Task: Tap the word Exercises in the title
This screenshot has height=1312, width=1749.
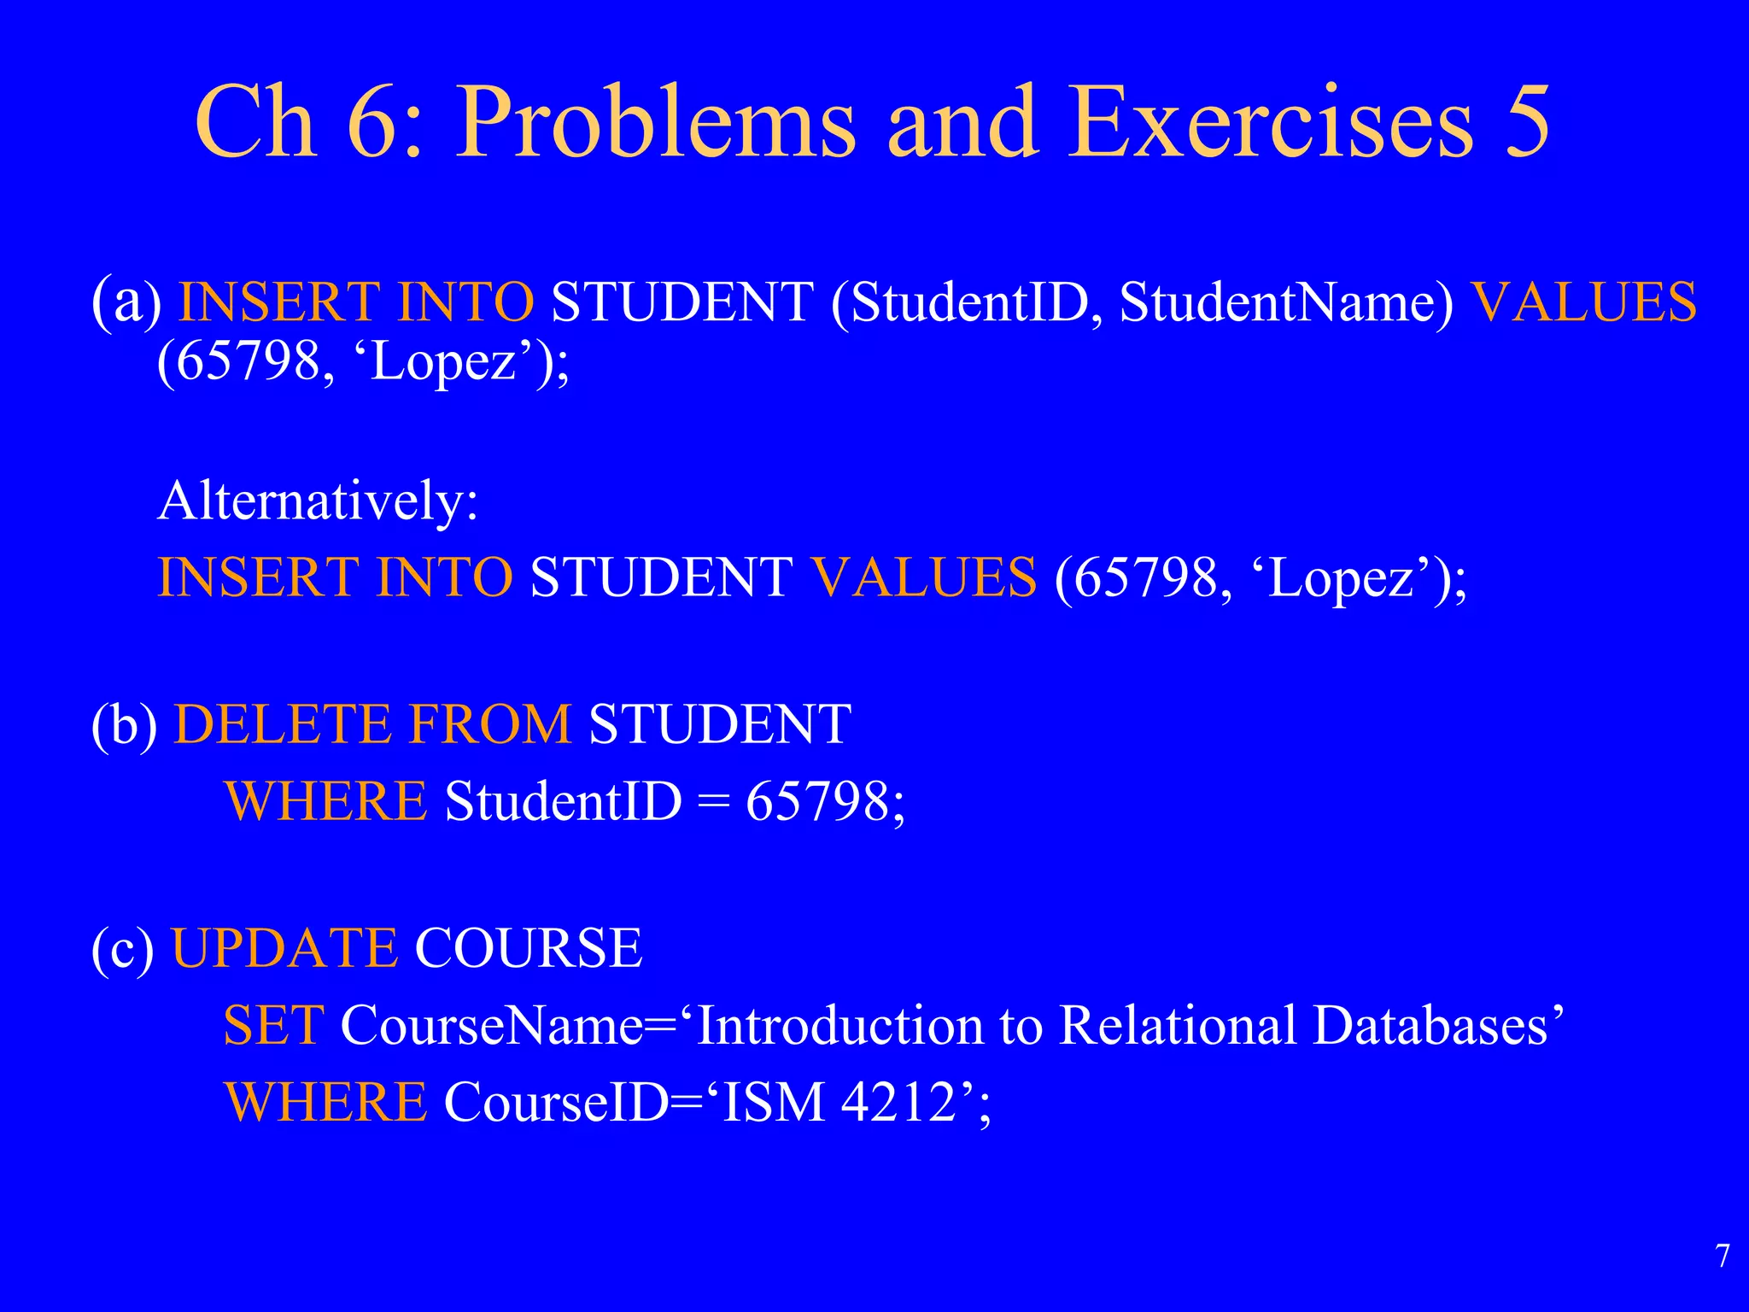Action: pos(1271,124)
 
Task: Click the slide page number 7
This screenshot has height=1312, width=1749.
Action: pos(1723,1256)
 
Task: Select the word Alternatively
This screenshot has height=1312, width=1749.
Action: pos(317,501)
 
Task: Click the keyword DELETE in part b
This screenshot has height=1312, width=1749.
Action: pos(283,725)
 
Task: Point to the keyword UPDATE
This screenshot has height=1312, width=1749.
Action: pos(284,949)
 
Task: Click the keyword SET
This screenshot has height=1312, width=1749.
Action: pos(273,1026)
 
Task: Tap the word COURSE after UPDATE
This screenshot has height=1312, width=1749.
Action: pos(528,949)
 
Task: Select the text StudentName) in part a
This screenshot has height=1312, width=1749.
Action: pos(1286,303)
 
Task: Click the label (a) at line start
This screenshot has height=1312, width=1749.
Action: pos(126,303)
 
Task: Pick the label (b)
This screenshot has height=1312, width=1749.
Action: pos(125,725)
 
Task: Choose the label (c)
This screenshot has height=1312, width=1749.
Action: pos(123,949)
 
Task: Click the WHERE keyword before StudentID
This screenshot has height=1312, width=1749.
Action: pos(325,802)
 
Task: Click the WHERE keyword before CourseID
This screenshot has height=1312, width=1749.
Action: pos(325,1103)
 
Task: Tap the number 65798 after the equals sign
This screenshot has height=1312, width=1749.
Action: pos(817,802)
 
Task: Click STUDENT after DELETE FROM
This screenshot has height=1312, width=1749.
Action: pos(720,725)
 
